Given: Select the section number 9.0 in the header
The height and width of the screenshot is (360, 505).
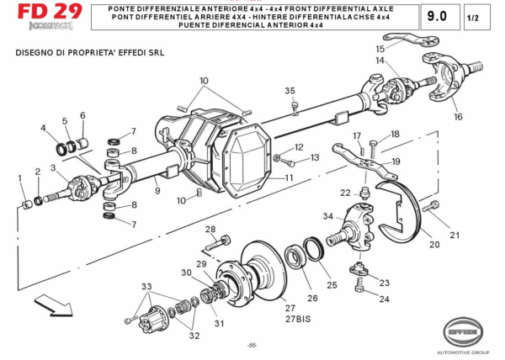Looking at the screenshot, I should click(438, 16).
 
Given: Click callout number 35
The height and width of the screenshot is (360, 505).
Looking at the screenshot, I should click(290, 91).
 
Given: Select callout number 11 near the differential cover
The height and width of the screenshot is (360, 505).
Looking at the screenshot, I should click(289, 178).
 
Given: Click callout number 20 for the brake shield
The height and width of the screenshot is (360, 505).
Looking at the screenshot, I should click(433, 245).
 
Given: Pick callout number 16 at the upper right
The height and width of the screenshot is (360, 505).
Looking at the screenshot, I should click(459, 117).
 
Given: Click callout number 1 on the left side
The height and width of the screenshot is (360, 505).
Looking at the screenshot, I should click(21, 177).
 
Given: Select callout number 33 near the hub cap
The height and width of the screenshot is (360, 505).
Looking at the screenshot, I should click(146, 288).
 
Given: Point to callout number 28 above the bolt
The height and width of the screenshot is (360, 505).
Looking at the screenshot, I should click(210, 230).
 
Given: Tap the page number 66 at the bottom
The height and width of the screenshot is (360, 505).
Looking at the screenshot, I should click(252, 346).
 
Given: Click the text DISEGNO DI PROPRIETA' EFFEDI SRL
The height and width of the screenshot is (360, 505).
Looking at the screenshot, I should click(89, 52).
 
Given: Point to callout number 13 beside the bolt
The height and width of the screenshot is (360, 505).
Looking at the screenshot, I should click(315, 157).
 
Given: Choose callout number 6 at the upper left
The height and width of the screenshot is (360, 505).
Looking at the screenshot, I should click(82, 115).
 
